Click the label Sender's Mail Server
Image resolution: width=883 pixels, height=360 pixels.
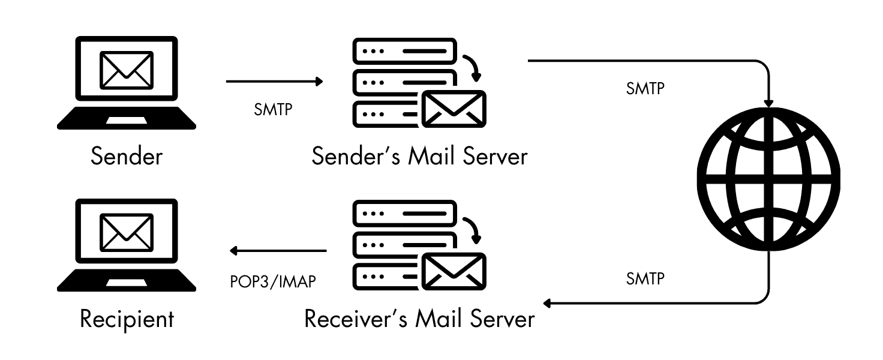pyautogui.click(x=419, y=157)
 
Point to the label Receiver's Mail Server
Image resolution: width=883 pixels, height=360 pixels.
pyautogui.click(x=419, y=319)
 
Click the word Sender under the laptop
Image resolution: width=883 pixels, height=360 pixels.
pyautogui.click(x=127, y=157)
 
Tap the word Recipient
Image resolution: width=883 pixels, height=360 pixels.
pyautogui.click(x=127, y=319)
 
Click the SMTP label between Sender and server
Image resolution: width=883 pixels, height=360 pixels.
pyautogui.click(x=273, y=111)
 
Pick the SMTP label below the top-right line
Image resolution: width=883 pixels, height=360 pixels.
pyautogui.click(x=645, y=89)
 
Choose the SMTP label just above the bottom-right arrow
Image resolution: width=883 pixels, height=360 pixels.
pyautogui.click(x=645, y=278)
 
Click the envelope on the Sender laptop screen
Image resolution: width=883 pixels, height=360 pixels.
pyautogui.click(x=127, y=68)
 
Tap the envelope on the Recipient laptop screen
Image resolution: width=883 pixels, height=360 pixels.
pyautogui.click(x=127, y=231)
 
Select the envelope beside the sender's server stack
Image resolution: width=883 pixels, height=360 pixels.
pyautogui.click(x=453, y=109)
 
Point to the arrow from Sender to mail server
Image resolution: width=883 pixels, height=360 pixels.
pyautogui.click(x=274, y=82)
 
